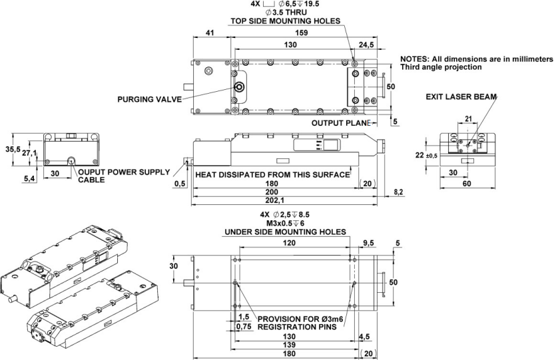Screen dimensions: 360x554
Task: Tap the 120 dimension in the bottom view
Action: pyautogui.click(x=290, y=244)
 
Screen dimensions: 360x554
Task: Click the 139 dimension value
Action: pyautogui.click(x=289, y=345)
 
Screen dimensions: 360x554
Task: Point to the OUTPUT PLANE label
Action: pyautogui.click(x=340, y=123)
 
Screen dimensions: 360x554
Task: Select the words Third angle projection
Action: pyautogui.click(x=441, y=67)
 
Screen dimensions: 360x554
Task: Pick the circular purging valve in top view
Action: pyautogui.click(x=238, y=87)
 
